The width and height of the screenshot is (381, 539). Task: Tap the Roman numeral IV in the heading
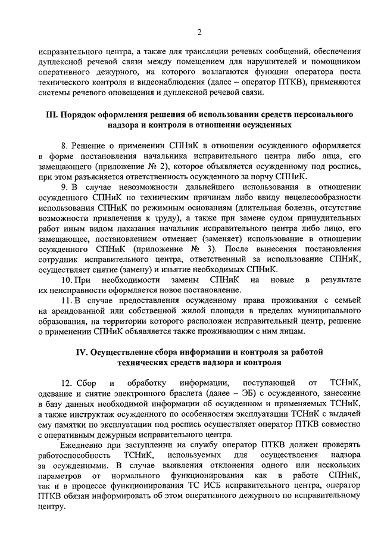coord(77,351)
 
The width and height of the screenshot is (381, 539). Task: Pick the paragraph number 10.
coord(67,279)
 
